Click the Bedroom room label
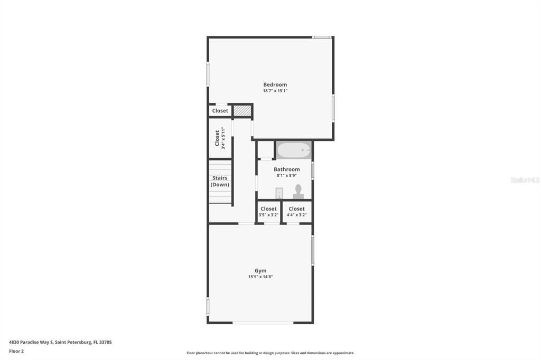click(275, 84)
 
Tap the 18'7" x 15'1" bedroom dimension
click(275, 91)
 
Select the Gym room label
click(260, 271)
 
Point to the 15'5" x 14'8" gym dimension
click(260, 277)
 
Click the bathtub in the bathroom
click(294, 150)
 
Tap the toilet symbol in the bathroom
click(299, 191)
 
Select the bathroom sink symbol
click(279, 193)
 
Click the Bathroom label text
click(286, 169)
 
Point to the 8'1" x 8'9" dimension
click(286, 175)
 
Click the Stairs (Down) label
click(220, 182)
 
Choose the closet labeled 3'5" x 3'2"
click(268, 212)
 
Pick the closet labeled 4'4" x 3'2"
click(296, 212)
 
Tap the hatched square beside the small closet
click(242, 111)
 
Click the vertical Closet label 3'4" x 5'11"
click(220, 138)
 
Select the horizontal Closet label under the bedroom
click(220, 111)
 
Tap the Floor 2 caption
click(16, 351)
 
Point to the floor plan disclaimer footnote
click(270, 353)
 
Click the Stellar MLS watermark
click(525, 180)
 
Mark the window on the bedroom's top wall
click(321, 37)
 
